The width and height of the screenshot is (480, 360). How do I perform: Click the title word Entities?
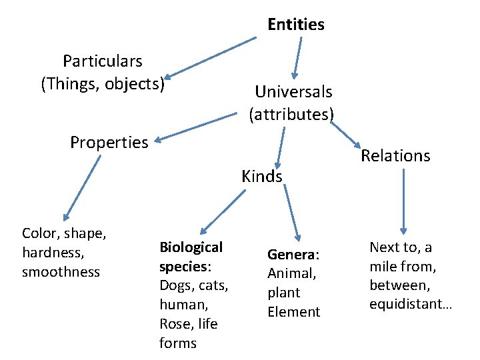click(x=296, y=25)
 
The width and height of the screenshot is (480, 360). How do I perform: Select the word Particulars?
click(x=103, y=61)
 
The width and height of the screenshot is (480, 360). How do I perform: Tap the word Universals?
click(x=293, y=91)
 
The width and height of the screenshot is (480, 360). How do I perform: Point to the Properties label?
click(x=109, y=143)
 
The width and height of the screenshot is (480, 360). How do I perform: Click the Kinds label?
click(x=262, y=177)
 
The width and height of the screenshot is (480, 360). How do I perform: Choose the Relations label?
click(x=395, y=156)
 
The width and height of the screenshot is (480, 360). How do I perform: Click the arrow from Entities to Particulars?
click(x=210, y=58)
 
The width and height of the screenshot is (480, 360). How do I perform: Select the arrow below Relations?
click(x=403, y=200)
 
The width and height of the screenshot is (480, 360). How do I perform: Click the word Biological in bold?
click(x=191, y=247)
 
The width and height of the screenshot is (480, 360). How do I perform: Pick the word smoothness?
click(x=61, y=272)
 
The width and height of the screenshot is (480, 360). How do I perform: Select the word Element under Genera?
click(x=293, y=312)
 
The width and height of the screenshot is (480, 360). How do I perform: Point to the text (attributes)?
click(x=291, y=115)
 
